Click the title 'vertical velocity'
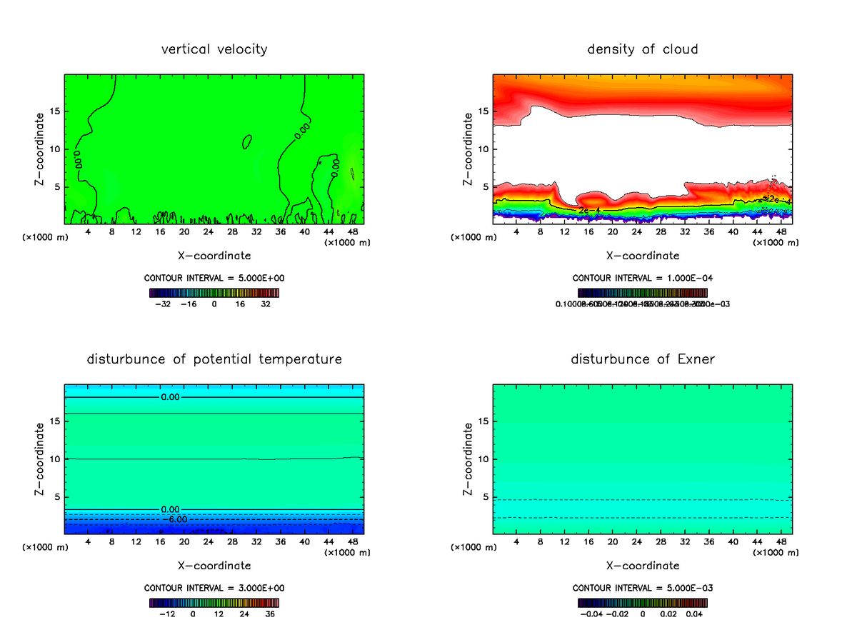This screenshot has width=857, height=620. coord(214,49)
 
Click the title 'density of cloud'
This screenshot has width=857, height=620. coord(642,49)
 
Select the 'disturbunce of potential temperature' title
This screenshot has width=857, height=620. coord(214,359)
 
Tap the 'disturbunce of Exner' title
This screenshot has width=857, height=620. coord(642,359)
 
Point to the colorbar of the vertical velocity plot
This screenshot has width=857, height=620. coord(214,293)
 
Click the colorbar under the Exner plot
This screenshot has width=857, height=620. coord(642,603)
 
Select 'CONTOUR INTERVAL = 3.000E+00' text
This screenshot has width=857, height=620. coord(214,588)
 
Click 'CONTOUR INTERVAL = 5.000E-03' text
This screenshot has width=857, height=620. coord(642,588)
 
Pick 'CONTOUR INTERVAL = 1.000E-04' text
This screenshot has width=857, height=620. coord(642,278)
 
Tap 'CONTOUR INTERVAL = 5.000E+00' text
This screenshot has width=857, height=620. coord(214,278)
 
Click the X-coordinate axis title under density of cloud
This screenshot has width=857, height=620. coord(642,255)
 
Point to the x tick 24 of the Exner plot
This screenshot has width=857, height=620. coord(637,542)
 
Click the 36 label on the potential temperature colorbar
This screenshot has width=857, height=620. coord(270,614)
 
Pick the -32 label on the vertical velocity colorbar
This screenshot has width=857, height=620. coord(163,304)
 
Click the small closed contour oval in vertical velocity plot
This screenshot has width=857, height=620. coord(247,141)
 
